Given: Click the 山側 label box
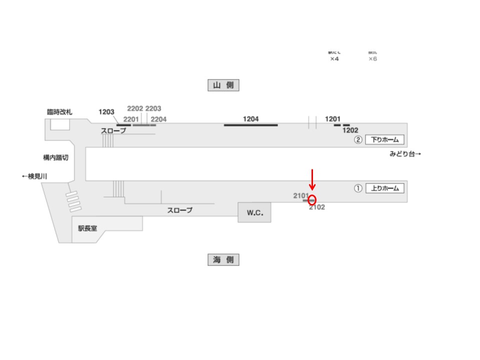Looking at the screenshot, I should pos(223,85).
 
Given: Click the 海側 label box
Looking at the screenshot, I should pos(223,259).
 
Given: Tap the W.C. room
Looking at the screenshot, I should pos(254,213).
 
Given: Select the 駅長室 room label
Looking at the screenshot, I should pos(87,228).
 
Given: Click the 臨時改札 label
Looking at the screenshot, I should pos(59,112).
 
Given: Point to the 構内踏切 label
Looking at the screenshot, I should pos(55,157).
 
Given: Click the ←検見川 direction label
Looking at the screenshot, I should pos(34,176).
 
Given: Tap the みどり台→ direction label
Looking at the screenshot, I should pos(405,154).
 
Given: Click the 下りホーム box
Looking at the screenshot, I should pos(384,140).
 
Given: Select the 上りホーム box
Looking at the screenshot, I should pos(384,188).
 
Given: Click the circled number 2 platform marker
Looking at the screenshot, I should pos(358,140).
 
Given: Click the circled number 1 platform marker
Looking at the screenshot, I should pos(358,188).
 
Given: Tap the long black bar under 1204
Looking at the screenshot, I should pos(250,125).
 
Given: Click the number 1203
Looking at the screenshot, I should pos(106,112).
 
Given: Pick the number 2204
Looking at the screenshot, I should pos(158,119).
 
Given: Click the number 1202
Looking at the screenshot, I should pos(350,130).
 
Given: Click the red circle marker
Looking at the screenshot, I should pos(312,200).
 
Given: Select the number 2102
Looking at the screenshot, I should pos(317,207).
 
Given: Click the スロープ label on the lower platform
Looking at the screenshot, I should pos(179,210).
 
